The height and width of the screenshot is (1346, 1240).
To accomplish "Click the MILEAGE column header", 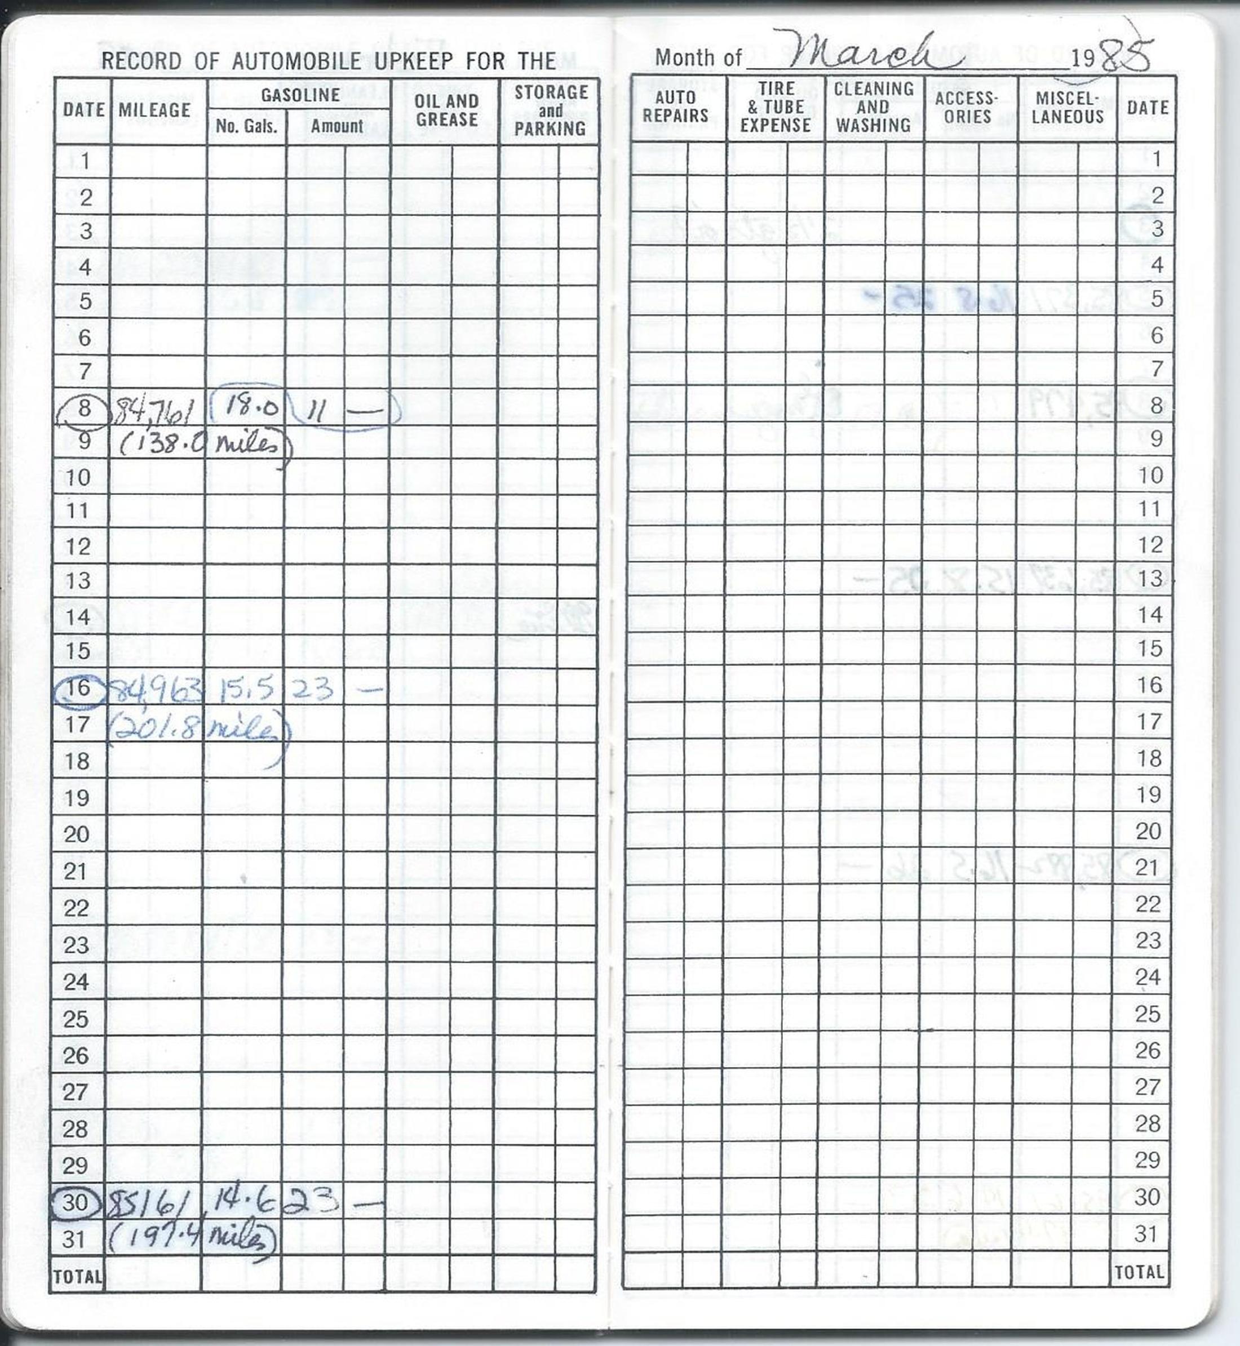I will coord(154,109).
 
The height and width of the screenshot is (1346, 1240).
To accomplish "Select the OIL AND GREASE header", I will coord(446,110).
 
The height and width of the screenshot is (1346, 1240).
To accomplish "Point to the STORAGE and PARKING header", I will coord(550,110).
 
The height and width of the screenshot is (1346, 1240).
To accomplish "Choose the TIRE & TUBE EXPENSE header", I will coord(775,106).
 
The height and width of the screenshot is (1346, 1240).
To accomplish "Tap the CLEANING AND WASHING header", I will coord(873,106).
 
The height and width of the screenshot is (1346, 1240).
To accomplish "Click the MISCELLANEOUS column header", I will coord(1068,106).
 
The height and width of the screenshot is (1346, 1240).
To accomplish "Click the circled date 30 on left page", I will coord(75,1202).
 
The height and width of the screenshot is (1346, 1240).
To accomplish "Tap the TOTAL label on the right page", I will coord(1139,1272).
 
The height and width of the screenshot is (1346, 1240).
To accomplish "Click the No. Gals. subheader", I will coord(246,126).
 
